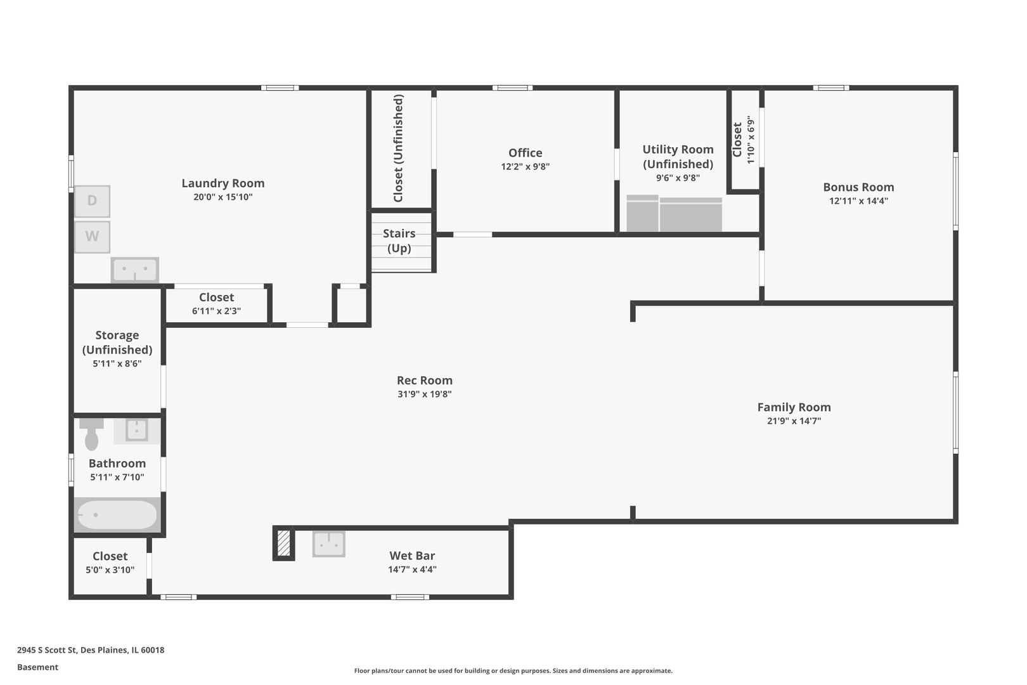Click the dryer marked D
click(92, 201)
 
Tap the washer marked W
click(92, 237)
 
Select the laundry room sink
click(134, 270)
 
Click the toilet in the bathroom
click(92, 434)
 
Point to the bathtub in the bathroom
click(116, 515)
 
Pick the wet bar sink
click(328, 544)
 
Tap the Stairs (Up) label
click(399, 241)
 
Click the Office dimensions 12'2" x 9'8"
click(525, 167)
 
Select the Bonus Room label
click(858, 187)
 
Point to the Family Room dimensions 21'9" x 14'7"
click(794, 421)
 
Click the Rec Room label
click(424, 381)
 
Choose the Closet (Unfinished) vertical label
click(398, 148)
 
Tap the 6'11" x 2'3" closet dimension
click(216, 311)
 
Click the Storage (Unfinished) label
click(117, 342)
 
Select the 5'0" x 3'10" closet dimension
click(110, 570)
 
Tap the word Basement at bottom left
click(37, 667)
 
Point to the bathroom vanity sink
click(136, 431)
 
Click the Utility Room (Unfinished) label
click(678, 157)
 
